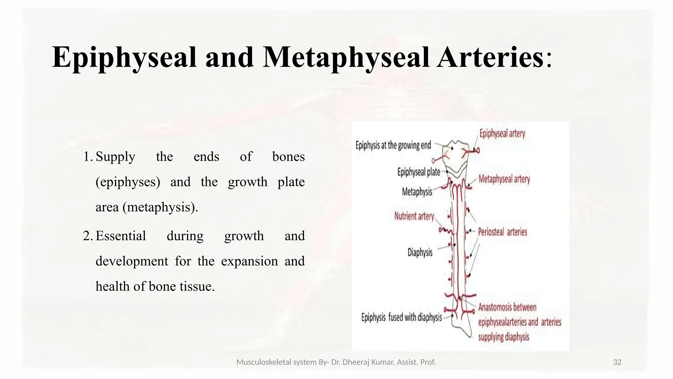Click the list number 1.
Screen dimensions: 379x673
[88, 157]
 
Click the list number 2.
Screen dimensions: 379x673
[88, 236]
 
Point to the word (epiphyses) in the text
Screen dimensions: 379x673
[128, 182]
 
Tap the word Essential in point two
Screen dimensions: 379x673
[121, 236]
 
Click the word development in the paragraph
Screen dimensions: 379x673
[132, 261]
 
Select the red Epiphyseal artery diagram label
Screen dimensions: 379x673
[502, 134]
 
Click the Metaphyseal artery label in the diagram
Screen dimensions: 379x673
[504, 179]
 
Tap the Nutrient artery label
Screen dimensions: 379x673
[414, 216]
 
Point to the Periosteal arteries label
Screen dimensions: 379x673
[502, 232]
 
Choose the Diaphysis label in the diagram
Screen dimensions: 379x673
[420, 252]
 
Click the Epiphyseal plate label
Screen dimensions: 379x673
[419, 172]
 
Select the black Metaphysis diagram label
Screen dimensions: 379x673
[417, 191]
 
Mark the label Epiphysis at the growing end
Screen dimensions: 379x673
[393, 145]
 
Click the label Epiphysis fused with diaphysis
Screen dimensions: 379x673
[402, 317]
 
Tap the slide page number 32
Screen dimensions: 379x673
[617, 362]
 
